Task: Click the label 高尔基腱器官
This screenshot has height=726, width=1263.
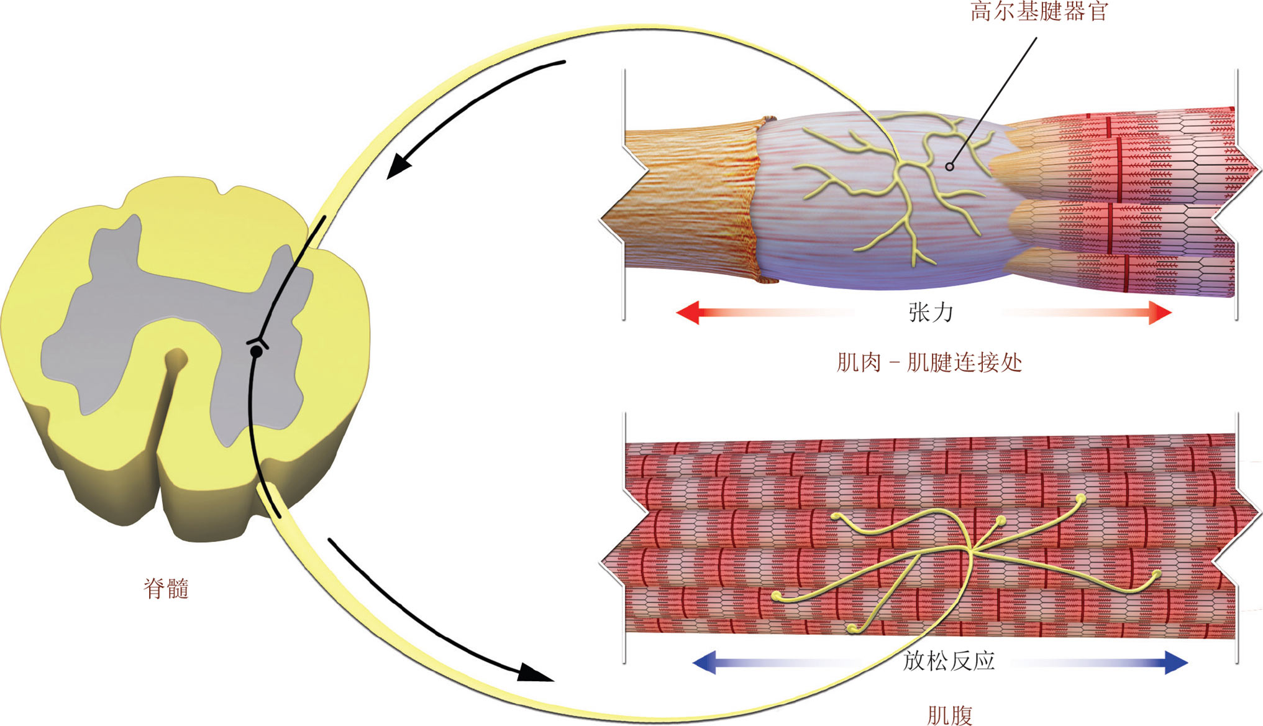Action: point(1039,11)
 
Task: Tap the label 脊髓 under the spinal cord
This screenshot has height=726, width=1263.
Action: point(166,588)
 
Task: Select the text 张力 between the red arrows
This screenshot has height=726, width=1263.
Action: point(930,312)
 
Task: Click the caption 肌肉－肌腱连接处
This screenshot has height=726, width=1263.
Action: point(929,362)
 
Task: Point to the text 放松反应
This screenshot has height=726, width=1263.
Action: point(949,661)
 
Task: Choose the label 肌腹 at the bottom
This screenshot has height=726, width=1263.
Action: point(949,715)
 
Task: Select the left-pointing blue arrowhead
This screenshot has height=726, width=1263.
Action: point(704,662)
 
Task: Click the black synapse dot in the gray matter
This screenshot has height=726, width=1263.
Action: point(256,352)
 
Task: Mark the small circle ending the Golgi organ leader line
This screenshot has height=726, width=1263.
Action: point(949,167)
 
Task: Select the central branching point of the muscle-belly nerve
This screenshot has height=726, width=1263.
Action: point(969,549)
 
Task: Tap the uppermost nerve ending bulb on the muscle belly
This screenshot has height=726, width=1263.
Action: point(1081,498)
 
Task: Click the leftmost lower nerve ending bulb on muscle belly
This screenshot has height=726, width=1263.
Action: point(777,597)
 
